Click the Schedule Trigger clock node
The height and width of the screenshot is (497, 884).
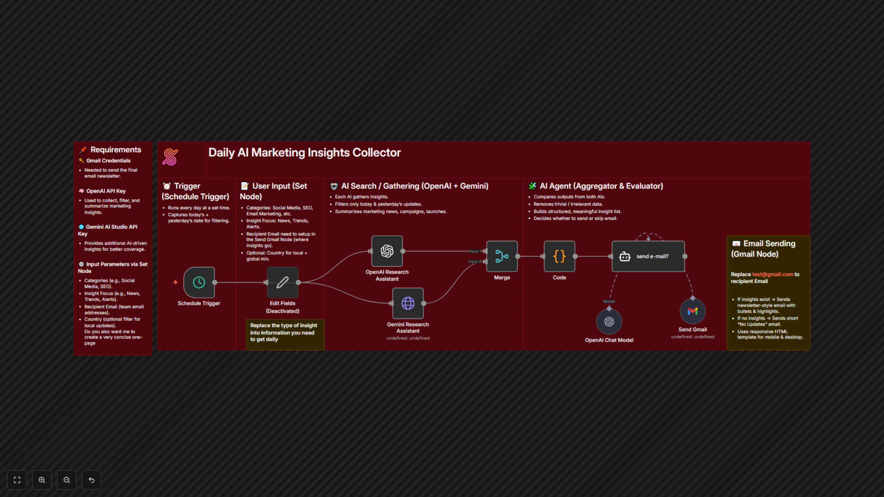pos(199,282)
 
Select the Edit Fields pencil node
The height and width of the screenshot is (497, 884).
pos(282,282)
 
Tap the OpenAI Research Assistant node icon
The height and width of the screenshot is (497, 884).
pos(387,251)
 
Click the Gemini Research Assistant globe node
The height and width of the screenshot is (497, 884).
pos(408,303)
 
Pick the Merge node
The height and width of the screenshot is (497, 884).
pos(502,256)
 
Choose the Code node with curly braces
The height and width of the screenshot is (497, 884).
pos(559,256)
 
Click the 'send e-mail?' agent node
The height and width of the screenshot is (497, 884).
pos(648,256)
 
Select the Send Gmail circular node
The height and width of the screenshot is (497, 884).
pos(692,311)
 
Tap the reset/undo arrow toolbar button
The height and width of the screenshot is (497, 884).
pos(92,480)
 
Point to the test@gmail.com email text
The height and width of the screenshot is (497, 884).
pos(773,275)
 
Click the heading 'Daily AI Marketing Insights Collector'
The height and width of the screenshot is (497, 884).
pos(304,153)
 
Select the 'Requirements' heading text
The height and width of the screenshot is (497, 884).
pos(116,150)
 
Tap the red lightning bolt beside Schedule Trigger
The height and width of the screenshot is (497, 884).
pos(175,282)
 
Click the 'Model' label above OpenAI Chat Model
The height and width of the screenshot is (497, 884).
pos(609,301)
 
